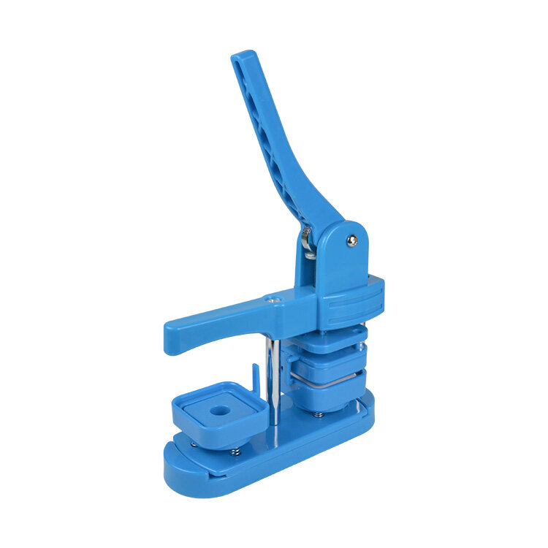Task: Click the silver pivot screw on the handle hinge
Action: pos(352,240)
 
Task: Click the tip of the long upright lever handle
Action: pos(243,58)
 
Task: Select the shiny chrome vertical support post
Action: pos(272,380)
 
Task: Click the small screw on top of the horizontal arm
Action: pos(270,299)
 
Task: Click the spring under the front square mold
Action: pos(235,451)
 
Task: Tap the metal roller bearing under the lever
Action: pos(307,241)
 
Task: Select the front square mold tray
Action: pos(217,413)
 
